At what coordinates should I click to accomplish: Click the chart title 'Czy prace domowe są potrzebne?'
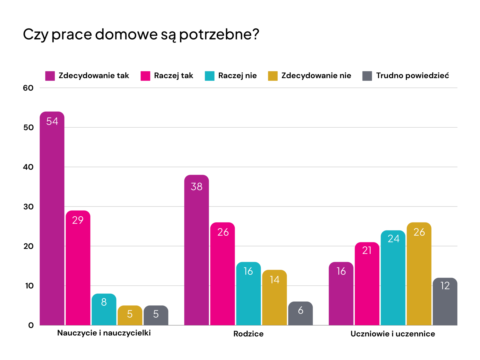pos(141,34)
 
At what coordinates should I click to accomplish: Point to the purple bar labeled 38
pos(197,250)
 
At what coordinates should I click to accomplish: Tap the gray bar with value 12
pos(445,301)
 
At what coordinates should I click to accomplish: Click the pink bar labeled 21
pos(367,284)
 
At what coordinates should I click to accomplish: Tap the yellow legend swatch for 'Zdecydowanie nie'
pos(273,76)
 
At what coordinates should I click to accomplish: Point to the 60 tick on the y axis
pos(28,88)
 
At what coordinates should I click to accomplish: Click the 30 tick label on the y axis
pos(28,207)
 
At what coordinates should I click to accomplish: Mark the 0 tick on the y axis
pos(31,325)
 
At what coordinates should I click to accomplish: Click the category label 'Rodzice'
pos(248,334)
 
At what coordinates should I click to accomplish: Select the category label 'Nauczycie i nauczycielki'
pos(104,333)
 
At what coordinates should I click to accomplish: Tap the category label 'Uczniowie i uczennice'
pos(393,334)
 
